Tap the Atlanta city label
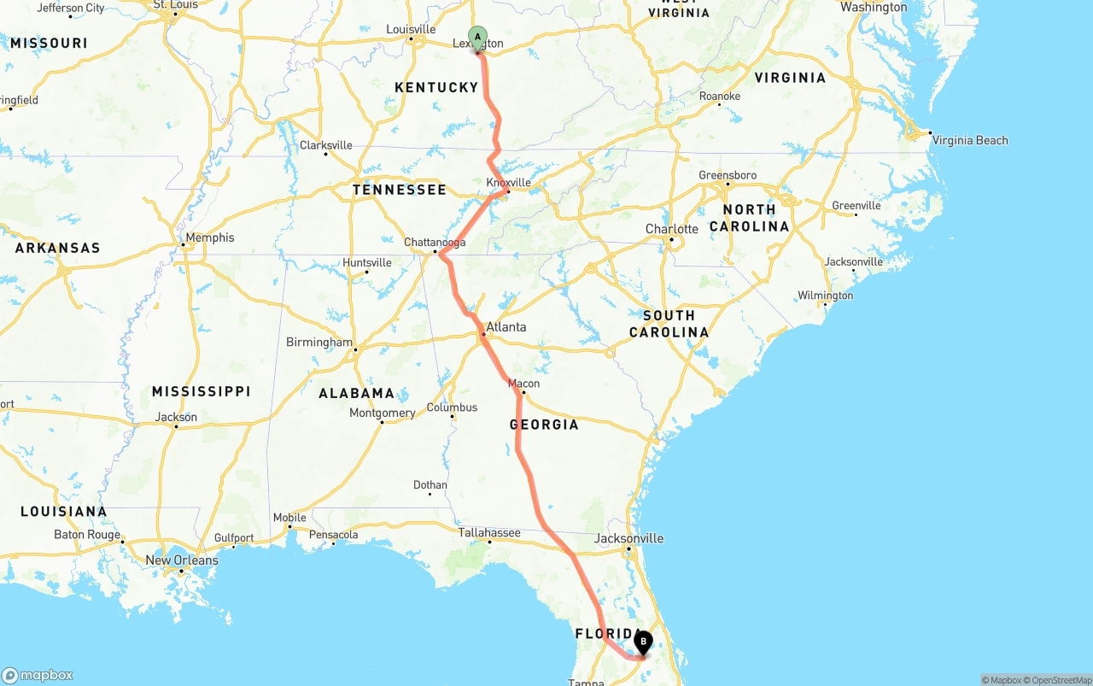click(x=506, y=327)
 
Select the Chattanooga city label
click(x=435, y=243)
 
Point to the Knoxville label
click(x=508, y=183)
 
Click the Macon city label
click(x=523, y=384)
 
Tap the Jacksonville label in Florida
click(x=629, y=538)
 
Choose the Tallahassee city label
click(x=489, y=532)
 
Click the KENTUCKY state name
click(x=436, y=87)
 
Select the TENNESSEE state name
click(x=400, y=190)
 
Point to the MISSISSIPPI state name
click(x=202, y=391)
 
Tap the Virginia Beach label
click(x=969, y=140)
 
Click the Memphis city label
click(x=210, y=237)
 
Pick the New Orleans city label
click(x=182, y=560)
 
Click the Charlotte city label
click(x=672, y=229)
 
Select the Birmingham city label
click(x=319, y=342)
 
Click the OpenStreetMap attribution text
click(x=1058, y=680)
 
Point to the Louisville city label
click(x=411, y=29)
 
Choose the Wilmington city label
click(x=825, y=296)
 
